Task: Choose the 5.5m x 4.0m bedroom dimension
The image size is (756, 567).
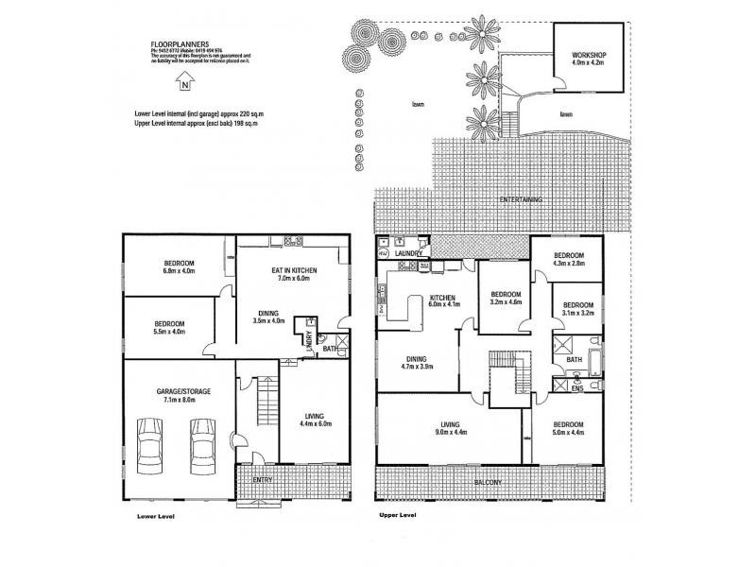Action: tap(170, 332)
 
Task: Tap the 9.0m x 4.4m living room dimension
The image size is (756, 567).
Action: tap(448, 435)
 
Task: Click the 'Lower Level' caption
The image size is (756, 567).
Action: tap(156, 518)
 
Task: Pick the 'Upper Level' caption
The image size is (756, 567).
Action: tap(396, 516)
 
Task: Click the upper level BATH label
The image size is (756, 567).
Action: tap(574, 360)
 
